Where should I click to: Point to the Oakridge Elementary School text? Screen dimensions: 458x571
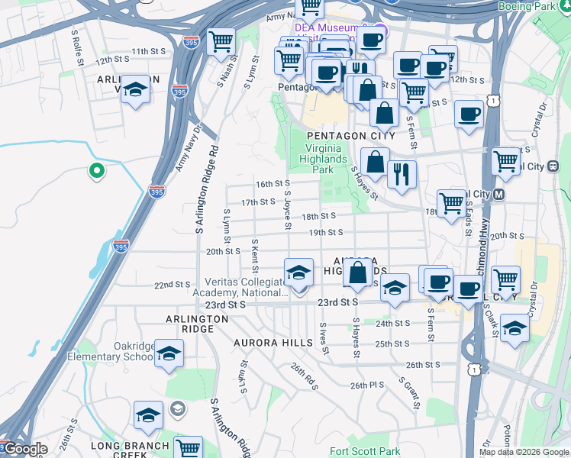[115, 351]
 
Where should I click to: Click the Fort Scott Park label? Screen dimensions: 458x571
[365, 452]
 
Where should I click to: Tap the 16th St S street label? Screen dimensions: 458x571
[273, 184]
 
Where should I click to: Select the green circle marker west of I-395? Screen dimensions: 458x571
[96, 171]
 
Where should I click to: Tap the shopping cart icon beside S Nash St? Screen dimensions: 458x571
[221, 41]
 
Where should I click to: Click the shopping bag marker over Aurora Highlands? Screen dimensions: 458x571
[357, 273]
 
